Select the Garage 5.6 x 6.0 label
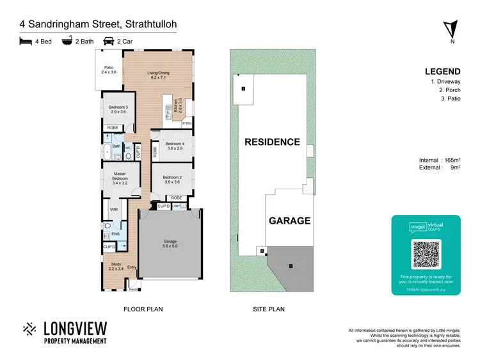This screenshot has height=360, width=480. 170,244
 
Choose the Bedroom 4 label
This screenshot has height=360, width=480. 175,146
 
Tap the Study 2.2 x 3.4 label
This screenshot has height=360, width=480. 116,266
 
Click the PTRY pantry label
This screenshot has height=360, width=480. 187,123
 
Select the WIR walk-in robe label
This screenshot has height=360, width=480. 114,209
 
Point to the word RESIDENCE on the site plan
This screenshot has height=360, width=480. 273,142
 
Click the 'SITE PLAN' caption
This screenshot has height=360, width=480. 268,309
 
